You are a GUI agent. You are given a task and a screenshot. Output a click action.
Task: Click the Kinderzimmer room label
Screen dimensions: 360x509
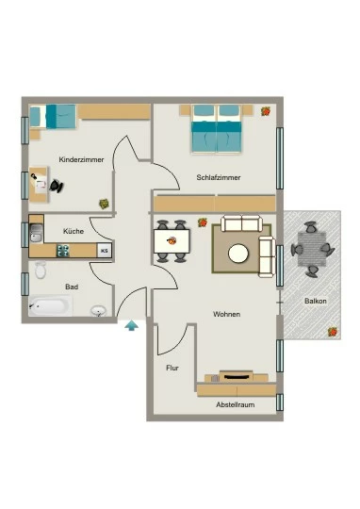81,159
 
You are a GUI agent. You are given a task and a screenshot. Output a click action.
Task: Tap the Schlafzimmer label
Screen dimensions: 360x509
219,177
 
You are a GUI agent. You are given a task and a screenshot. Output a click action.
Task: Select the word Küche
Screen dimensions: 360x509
74,231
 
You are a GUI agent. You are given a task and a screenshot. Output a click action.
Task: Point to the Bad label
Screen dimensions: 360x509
72,287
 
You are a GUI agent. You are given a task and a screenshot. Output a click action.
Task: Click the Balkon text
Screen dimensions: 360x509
316,301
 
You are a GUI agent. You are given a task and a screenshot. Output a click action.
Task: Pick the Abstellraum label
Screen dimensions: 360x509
236,404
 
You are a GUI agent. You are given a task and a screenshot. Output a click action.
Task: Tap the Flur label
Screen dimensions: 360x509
172,369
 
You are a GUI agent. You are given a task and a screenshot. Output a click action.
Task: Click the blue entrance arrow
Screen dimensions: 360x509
132,325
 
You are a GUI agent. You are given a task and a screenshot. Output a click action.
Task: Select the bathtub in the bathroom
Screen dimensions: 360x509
50,305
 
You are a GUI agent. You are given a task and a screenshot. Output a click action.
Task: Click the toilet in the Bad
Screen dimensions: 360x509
41,270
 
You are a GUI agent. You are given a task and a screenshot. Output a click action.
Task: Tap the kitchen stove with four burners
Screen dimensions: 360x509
63,251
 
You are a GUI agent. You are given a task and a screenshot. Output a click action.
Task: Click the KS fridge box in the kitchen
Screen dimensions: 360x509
105,251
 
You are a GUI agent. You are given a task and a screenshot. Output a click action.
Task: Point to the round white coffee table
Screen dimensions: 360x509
238,254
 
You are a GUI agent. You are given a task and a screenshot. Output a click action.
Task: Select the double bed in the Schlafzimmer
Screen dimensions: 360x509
216,128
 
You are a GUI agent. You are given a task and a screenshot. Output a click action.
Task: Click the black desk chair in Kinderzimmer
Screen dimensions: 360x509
57,186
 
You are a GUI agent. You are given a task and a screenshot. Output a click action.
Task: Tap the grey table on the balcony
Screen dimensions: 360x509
312,249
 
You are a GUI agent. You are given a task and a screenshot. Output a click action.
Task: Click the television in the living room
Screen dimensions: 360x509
237,376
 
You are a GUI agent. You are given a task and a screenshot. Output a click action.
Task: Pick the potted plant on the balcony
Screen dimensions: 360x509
333,332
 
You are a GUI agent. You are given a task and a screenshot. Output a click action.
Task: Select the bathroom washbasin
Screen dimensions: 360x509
98,311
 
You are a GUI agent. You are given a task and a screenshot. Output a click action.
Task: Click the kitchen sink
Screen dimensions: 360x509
36,233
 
